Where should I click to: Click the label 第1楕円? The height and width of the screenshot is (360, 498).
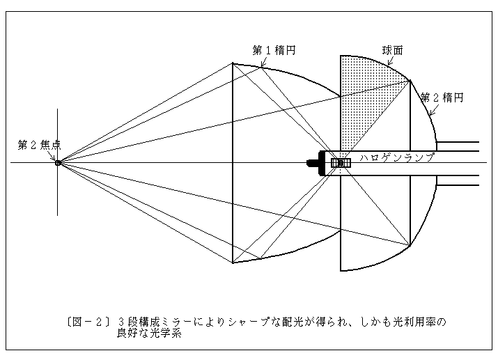[274, 50]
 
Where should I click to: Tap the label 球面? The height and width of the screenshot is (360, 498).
[393, 50]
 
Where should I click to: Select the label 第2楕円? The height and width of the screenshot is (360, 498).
[442, 97]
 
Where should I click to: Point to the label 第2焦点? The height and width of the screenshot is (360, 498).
[40, 145]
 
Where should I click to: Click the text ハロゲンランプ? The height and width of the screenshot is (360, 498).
[397, 157]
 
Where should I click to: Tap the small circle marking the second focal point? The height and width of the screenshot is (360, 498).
[58, 163]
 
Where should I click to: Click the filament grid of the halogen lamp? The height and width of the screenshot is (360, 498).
[341, 163]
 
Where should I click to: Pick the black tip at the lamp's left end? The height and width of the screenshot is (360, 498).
[310, 163]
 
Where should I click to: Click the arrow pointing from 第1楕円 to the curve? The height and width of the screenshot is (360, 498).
[263, 61]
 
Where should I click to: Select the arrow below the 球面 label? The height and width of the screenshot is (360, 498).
[391, 61]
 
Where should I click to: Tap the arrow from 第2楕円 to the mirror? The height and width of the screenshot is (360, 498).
[433, 109]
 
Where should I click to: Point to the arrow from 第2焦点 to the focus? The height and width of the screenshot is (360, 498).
[52, 155]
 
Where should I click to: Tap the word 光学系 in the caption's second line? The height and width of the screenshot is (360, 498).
[166, 334]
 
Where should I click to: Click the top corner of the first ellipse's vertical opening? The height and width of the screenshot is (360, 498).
[233, 63]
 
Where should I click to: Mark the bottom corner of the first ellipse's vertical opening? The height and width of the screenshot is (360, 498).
[233, 263]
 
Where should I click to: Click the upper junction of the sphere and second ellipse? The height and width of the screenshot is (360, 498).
[410, 81]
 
